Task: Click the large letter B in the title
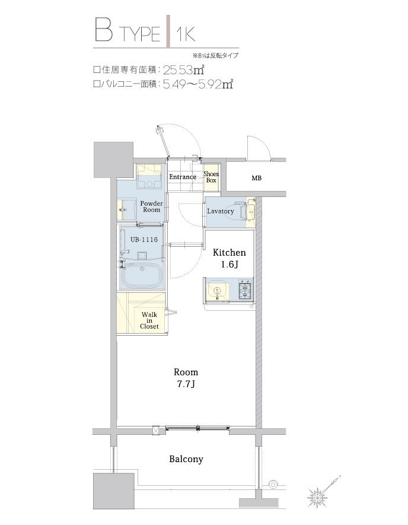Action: coord(103,31)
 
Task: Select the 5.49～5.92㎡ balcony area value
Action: coord(197,85)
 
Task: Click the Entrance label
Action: coord(183,177)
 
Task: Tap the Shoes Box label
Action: coord(211,177)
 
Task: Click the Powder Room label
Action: coord(151,207)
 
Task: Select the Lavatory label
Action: coord(220,211)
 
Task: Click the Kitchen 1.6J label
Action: coord(229,258)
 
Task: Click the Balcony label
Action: coord(186,459)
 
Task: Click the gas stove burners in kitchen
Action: coord(244,291)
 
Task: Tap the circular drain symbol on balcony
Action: coord(273,483)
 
